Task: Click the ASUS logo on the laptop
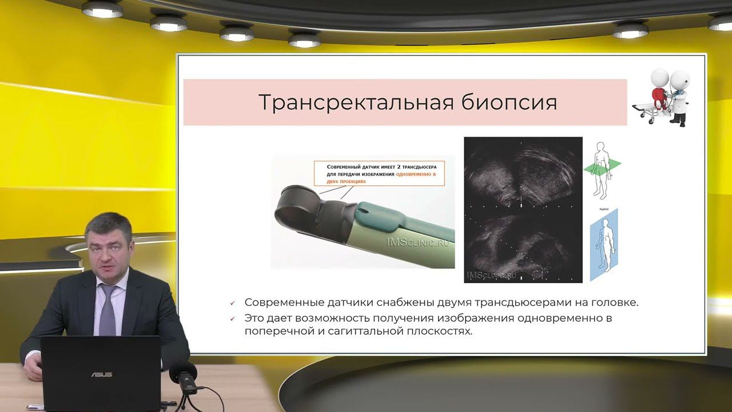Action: [x=101, y=374]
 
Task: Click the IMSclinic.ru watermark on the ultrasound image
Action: [x=491, y=275]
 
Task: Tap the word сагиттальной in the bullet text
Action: [x=372, y=331]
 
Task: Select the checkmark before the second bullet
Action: [x=232, y=319]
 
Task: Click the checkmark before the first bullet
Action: [x=232, y=303]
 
